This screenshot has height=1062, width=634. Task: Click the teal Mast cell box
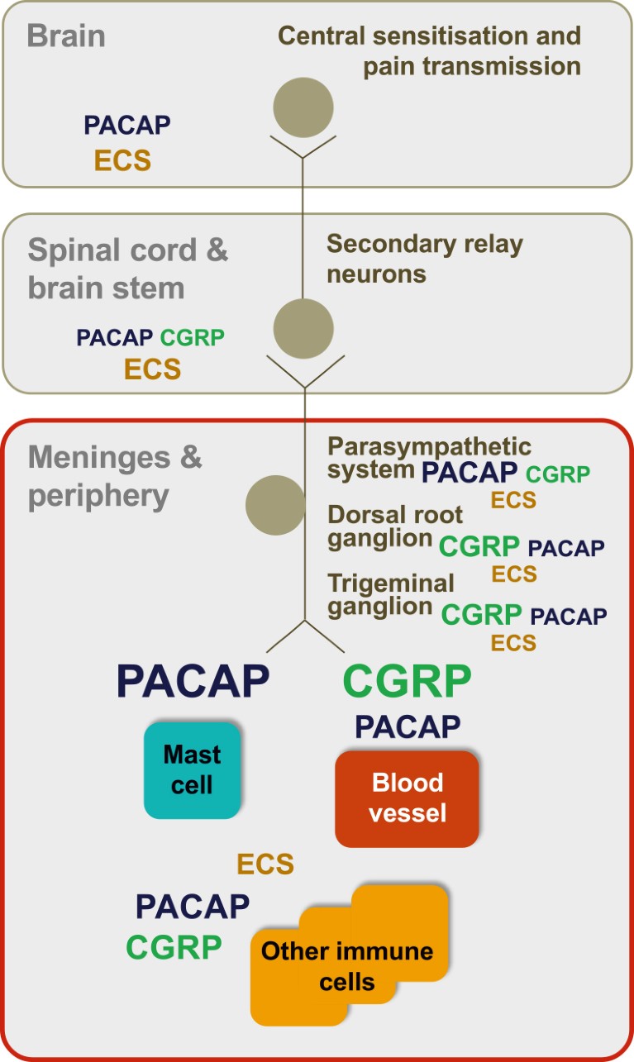tap(192, 770)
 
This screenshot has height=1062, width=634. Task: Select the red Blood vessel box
tap(407, 799)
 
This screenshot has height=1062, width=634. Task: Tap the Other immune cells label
tap(347, 966)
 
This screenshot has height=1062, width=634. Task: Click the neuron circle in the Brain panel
tap(303, 107)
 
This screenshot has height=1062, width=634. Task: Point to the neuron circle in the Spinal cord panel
tap(303, 329)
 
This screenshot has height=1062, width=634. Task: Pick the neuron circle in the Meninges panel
tap(275, 506)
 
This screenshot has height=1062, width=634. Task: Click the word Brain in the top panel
tap(66, 36)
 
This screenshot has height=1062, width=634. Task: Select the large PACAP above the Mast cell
tap(193, 681)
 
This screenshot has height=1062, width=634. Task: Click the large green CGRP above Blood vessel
tap(408, 681)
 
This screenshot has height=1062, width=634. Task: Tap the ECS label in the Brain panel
tap(123, 160)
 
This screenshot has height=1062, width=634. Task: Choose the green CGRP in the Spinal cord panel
tap(192, 337)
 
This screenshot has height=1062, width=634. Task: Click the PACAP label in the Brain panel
tap(127, 125)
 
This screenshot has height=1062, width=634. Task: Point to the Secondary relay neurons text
tap(425, 259)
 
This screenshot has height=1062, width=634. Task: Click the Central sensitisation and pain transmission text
tap(429, 51)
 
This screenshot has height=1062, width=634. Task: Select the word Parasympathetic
tap(430, 447)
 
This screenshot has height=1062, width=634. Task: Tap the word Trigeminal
tap(391, 583)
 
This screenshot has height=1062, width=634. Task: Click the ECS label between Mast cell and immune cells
tap(265, 864)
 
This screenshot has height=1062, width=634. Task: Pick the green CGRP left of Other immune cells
tap(174, 947)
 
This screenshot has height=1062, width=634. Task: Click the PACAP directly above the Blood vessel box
tap(408, 726)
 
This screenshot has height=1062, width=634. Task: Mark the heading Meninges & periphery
tap(115, 477)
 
